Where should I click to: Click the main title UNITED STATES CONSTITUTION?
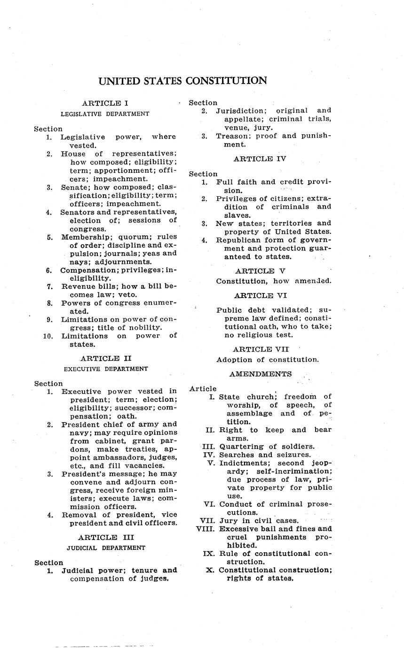(182, 81)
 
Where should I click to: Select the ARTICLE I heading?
(105, 103)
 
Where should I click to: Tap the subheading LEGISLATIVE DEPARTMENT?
(105, 114)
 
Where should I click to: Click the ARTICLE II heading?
(106, 358)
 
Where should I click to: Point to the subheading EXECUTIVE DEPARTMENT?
(106, 369)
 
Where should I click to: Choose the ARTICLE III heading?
(106, 537)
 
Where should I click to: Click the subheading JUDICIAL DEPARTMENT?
(106, 548)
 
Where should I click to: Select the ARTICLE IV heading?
(260, 159)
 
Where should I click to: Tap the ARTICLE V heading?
(260, 271)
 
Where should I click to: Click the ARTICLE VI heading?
(260, 295)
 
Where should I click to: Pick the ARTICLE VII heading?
(261, 349)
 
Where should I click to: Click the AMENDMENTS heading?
(261, 374)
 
